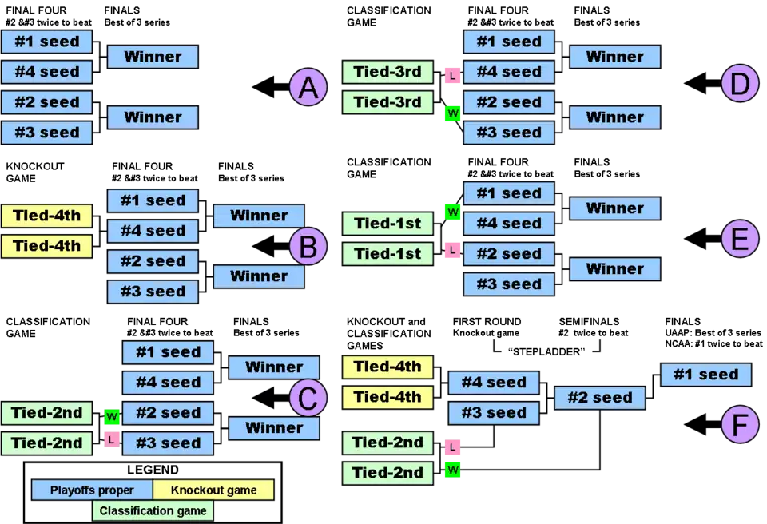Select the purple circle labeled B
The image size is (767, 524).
pyautogui.click(x=308, y=246)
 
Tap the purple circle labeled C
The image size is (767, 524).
pyautogui.click(x=308, y=397)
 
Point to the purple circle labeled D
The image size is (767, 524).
pyautogui.click(x=740, y=85)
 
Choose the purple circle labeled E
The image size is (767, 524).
pyautogui.click(x=740, y=239)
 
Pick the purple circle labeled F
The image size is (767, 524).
pyautogui.click(x=740, y=426)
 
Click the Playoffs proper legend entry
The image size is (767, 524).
pyautogui.click(x=92, y=490)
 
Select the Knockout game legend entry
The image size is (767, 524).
pyautogui.click(x=213, y=490)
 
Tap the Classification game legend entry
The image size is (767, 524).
pyautogui.click(x=153, y=510)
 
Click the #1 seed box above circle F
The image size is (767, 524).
pyautogui.click(x=706, y=374)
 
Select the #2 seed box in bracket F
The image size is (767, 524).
pyautogui.click(x=599, y=398)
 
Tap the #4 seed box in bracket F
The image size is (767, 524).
pyautogui.click(x=495, y=383)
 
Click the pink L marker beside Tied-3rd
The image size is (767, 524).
pyautogui.click(x=453, y=76)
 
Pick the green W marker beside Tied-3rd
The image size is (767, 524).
pyautogui.click(x=453, y=114)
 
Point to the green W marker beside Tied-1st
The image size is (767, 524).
pyautogui.click(x=453, y=212)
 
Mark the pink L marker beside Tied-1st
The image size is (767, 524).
pyautogui.click(x=453, y=250)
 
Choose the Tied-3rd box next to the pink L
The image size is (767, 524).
pyautogui.click(x=387, y=72)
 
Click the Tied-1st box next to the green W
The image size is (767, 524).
pyautogui.click(x=387, y=224)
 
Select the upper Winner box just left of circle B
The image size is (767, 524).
pyautogui.click(x=259, y=216)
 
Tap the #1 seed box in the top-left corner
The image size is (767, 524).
pyautogui.click(x=47, y=42)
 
